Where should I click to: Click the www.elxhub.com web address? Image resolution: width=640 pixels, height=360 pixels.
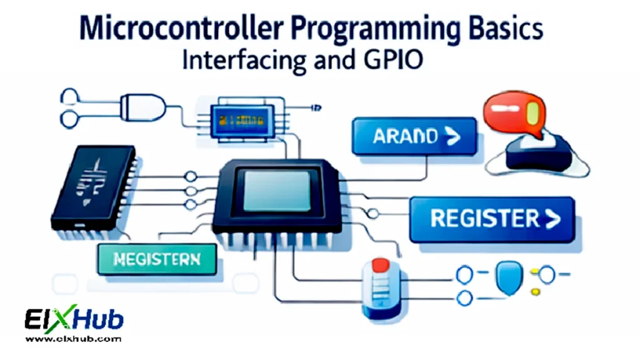coord(74,339)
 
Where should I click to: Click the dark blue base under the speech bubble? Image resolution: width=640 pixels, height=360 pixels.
coord(537,154)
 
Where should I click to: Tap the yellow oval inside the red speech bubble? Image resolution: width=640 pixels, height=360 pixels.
coord(533,113)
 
